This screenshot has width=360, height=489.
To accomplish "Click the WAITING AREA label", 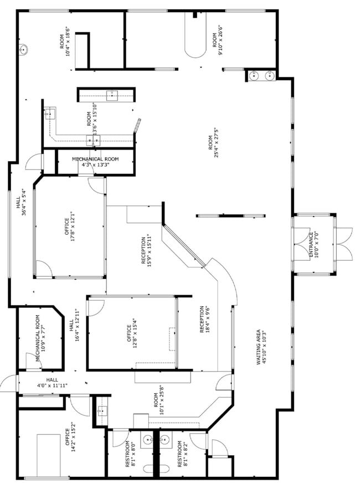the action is point(261,347).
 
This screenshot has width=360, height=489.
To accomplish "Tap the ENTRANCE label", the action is point(313,245).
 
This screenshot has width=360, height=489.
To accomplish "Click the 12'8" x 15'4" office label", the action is point(132,333).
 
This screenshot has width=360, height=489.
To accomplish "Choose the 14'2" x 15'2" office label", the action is point(70,437).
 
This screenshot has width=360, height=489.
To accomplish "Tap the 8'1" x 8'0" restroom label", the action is point(130,454).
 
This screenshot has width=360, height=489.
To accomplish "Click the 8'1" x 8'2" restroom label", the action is point(183,454).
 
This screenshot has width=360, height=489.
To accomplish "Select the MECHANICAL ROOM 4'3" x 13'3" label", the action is point(95,162).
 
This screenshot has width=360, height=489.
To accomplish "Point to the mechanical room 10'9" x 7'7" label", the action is point(40,338).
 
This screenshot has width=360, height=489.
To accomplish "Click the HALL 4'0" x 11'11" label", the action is point(52,382).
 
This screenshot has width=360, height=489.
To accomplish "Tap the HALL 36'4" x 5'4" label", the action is point(21,202).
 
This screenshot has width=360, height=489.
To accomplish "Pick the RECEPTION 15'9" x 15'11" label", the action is point(146,250).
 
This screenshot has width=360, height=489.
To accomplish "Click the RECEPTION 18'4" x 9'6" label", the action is point(204,319).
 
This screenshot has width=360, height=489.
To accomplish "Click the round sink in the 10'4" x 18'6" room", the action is point(23,50).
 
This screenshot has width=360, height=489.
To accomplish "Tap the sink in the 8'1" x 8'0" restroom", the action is point(147,439).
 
